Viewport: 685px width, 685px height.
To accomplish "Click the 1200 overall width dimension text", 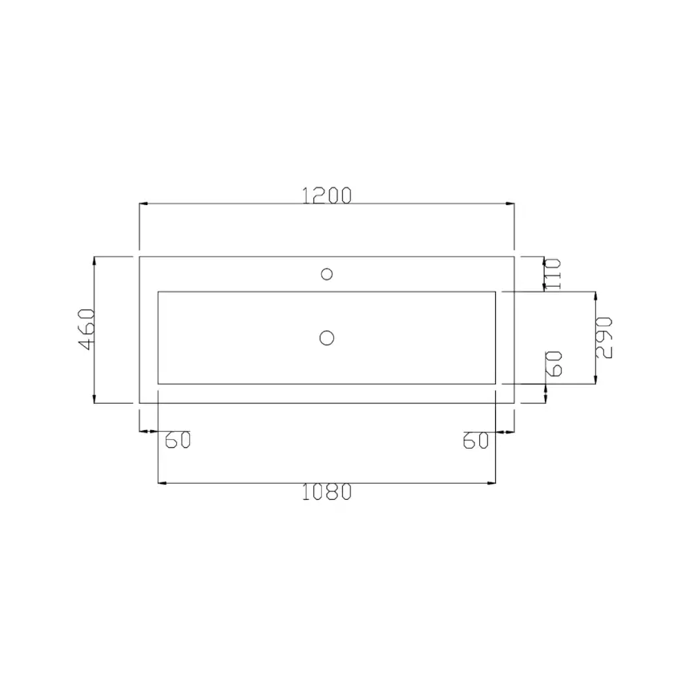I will [x=327, y=195].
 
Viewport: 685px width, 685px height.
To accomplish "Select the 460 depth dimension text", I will [x=87, y=329].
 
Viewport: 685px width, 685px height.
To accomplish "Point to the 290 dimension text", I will [x=606, y=337].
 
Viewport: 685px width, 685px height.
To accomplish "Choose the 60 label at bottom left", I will [x=177, y=441].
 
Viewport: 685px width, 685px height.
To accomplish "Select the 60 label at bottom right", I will [x=475, y=441].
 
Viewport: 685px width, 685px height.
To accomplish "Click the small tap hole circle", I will [x=326, y=274].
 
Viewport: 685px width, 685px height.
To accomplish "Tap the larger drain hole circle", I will [x=326, y=337].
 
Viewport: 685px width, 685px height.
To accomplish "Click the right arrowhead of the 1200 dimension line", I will [x=510, y=204].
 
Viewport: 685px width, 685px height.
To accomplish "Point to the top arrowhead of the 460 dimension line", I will [x=95, y=260].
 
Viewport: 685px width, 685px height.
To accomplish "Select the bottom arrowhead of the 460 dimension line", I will [x=95, y=399].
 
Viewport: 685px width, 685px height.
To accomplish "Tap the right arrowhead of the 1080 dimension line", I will [x=493, y=483].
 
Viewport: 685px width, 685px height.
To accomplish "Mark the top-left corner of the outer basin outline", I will [x=139, y=256].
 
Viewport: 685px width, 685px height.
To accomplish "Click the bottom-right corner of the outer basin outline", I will [x=514, y=403].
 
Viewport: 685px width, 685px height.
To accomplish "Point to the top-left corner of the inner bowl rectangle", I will [x=158, y=292].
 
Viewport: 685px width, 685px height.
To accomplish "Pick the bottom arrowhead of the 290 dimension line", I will [x=594, y=381].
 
